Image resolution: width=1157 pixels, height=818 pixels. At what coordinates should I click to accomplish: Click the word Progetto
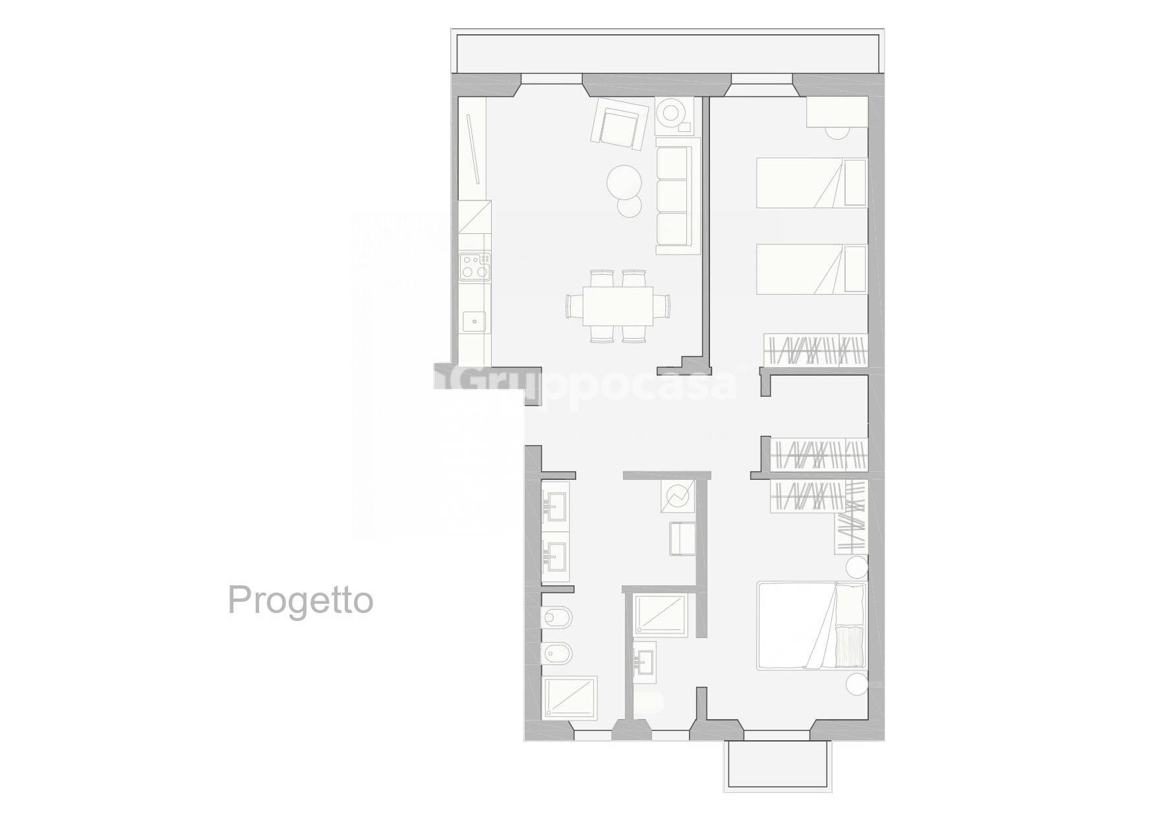[301, 601]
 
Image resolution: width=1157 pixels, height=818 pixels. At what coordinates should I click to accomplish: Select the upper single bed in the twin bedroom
[811, 182]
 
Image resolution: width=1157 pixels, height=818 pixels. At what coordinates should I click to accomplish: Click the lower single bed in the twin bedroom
[811, 269]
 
